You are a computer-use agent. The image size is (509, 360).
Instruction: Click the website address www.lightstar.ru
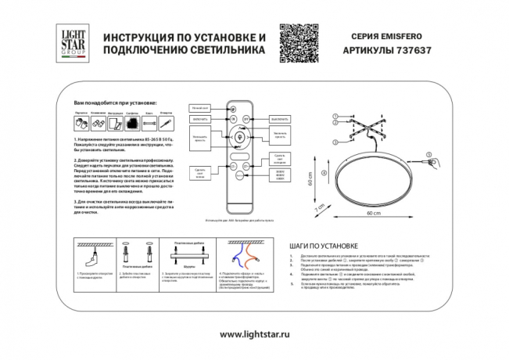tap(254, 334)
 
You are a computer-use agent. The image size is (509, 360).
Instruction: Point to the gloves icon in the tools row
tap(81, 122)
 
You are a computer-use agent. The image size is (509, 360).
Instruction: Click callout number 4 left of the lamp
tap(322, 172)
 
